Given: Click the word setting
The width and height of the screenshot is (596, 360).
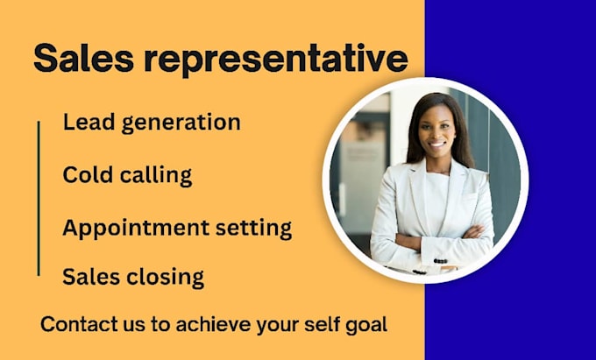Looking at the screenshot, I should point(255,229).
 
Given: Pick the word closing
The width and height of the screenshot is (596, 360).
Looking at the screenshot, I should point(164,278).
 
